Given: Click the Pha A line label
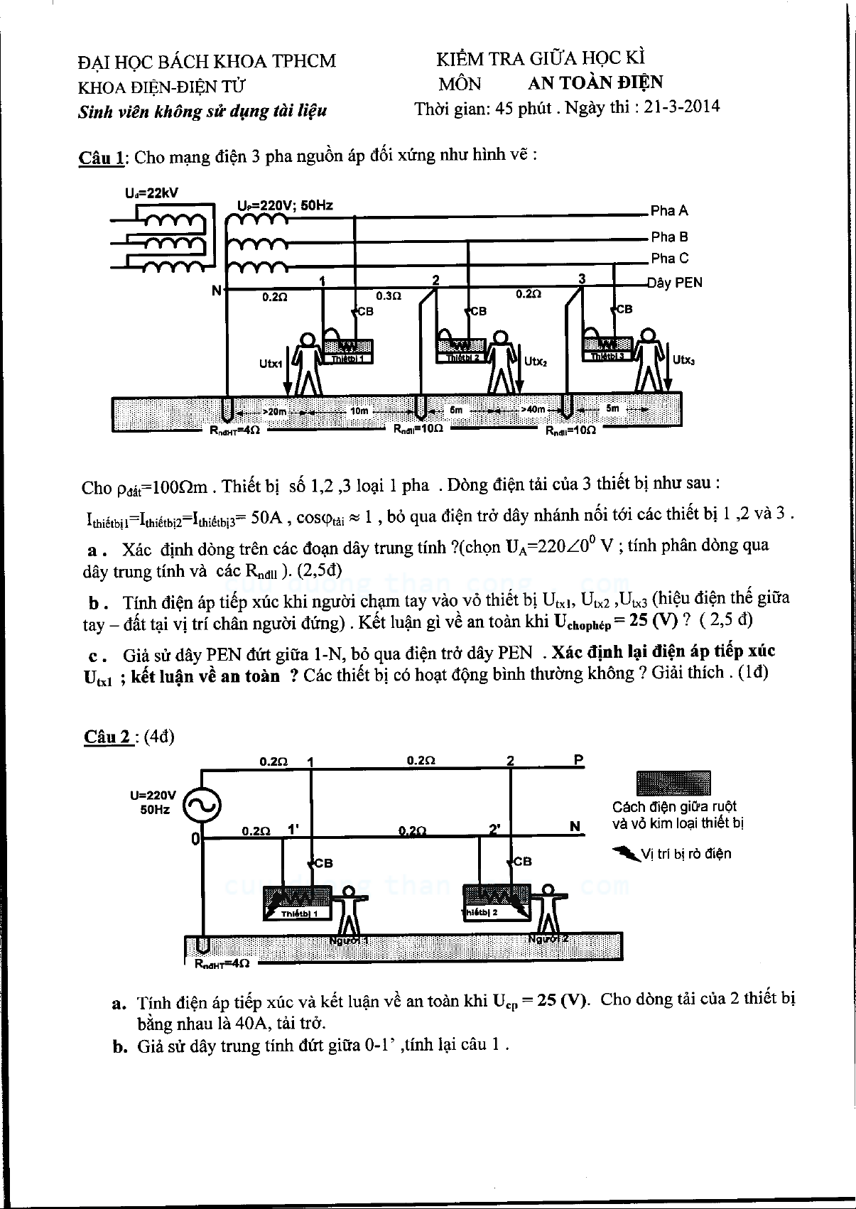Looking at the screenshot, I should (x=669, y=210).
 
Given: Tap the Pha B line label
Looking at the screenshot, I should (x=669, y=237).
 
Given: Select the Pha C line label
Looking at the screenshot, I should (x=669, y=258).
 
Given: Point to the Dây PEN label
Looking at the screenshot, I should (x=674, y=283).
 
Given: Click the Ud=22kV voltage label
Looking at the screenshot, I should (x=151, y=193).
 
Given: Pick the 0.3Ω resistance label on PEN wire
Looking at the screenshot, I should (x=388, y=296).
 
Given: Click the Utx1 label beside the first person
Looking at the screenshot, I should (x=271, y=364).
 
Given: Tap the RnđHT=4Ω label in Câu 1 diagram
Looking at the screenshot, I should (x=229, y=430).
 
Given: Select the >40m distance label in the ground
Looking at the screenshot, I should (x=532, y=409).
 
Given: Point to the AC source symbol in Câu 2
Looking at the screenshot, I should (x=202, y=805).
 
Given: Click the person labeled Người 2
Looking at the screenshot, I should (x=548, y=909).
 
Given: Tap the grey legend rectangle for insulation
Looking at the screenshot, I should (x=673, y=783).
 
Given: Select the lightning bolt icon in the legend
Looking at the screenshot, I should (x=625, y=852).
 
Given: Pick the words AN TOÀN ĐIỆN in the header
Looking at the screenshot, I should (x=595, y=83).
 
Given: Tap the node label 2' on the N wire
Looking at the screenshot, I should (x=495, y=828).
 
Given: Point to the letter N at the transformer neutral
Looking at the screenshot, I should (x=217, y=290).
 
